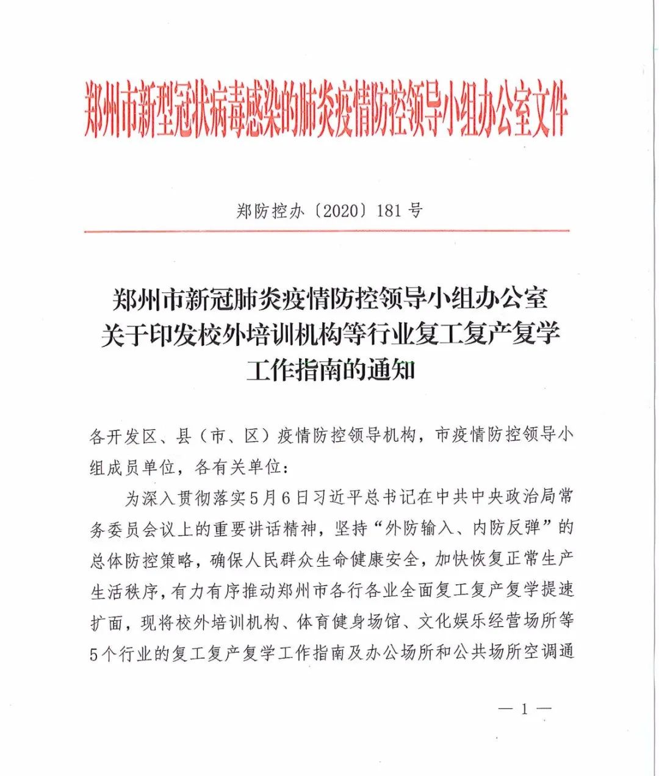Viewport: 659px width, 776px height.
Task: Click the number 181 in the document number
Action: click(389, 211)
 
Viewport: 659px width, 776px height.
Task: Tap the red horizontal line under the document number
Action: click(326, 231)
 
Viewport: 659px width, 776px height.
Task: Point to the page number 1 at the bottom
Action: click(524, 709)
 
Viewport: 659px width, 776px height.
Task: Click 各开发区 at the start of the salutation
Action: click(124, 436)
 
